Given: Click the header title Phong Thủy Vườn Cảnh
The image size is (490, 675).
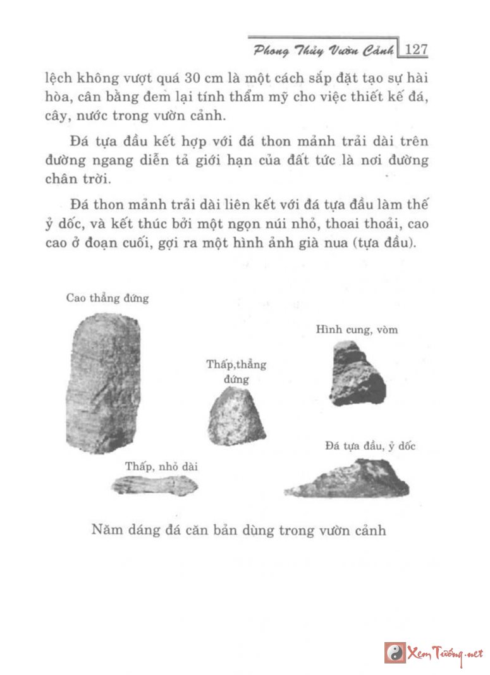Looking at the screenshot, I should pyautogui.click(x=323, y=49).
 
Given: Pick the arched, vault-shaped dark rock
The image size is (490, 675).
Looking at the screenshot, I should pyautogui.click(x=357, y=374).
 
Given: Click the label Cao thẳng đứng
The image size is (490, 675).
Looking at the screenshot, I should pyautogui.click(x=107, y=298).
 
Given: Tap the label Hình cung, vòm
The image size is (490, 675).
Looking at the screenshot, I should pyautogui.click(x=357, y=330).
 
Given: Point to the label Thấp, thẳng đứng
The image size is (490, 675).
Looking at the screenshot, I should pyautogui.click(x=236, y=372).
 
